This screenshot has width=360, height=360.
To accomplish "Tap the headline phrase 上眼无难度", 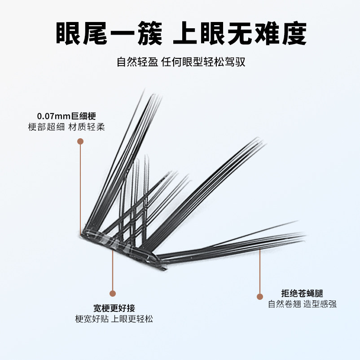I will tap(240, 33).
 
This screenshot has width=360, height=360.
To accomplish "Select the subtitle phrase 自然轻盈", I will tap(137, 61).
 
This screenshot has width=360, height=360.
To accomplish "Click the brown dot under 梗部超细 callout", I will tap(80, 141).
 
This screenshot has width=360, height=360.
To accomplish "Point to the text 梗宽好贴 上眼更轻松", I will tap(114, 319).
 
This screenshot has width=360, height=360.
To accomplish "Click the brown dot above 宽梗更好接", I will tap(113, 294).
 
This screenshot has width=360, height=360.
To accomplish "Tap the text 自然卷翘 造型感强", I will tap(302, 304).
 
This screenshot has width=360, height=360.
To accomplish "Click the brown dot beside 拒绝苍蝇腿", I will tap(260, 296).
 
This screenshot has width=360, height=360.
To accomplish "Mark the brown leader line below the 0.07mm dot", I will tap(80, 189).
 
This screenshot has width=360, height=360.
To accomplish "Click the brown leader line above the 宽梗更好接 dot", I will tap(113, 269).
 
